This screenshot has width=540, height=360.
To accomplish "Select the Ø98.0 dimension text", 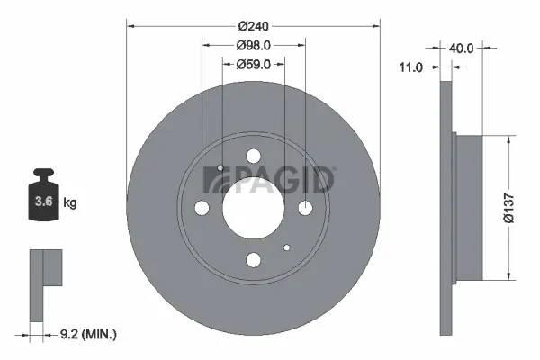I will [x=253, y=45].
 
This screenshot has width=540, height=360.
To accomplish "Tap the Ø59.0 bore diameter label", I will [x=253, y=64].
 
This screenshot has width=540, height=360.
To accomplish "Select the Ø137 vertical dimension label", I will [x=508, y=207].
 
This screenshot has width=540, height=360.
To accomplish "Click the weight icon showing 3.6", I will [x=42, y=195].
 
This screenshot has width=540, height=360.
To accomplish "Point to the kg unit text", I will [x=69, y=203].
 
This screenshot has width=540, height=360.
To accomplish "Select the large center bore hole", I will [x=253, y=208].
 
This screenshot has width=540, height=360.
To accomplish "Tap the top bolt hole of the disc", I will [x=253, y=156].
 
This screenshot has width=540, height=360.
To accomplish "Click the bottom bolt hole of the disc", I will [x=253, y=260].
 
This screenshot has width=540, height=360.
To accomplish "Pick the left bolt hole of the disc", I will [x=202, y=208].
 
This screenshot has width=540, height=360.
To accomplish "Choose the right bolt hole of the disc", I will [x=305, y=208].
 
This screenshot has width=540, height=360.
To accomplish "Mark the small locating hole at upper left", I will [x=220, y=168].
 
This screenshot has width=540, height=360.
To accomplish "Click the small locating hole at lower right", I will [x=286, y=247].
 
